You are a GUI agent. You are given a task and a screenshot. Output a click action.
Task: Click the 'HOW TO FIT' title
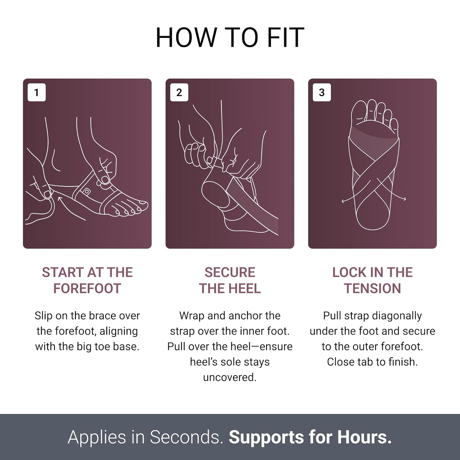230,37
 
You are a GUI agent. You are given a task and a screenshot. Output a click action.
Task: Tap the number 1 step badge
36,92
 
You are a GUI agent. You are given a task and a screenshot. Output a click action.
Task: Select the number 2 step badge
179,92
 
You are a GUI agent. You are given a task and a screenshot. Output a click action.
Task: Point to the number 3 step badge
322,92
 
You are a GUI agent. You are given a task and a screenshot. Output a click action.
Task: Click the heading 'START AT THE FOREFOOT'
87,280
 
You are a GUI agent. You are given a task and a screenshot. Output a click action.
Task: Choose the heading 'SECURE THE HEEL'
230,280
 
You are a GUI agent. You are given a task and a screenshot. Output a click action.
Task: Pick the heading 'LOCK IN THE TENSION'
373,280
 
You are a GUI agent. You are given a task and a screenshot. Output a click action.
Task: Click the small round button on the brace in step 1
87,192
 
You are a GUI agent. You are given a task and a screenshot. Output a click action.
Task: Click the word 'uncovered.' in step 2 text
230,377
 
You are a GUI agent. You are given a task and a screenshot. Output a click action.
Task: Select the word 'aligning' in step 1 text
119,332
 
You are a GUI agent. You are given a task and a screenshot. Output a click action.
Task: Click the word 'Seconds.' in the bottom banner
187,437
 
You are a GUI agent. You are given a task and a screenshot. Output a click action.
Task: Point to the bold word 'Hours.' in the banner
365,437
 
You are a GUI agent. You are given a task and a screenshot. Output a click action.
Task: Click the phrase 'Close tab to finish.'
373,362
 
